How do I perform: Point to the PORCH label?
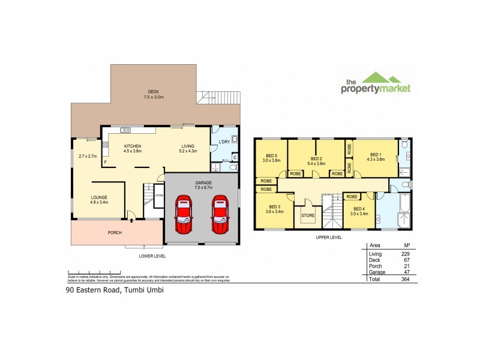point(115,232)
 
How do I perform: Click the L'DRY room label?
point(224,142)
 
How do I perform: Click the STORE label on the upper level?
point(308,215)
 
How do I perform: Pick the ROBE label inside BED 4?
point(352,196)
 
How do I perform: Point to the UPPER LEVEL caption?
point(329,238)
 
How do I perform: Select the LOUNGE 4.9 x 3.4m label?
point(100,199)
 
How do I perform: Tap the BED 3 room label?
point(274,209)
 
